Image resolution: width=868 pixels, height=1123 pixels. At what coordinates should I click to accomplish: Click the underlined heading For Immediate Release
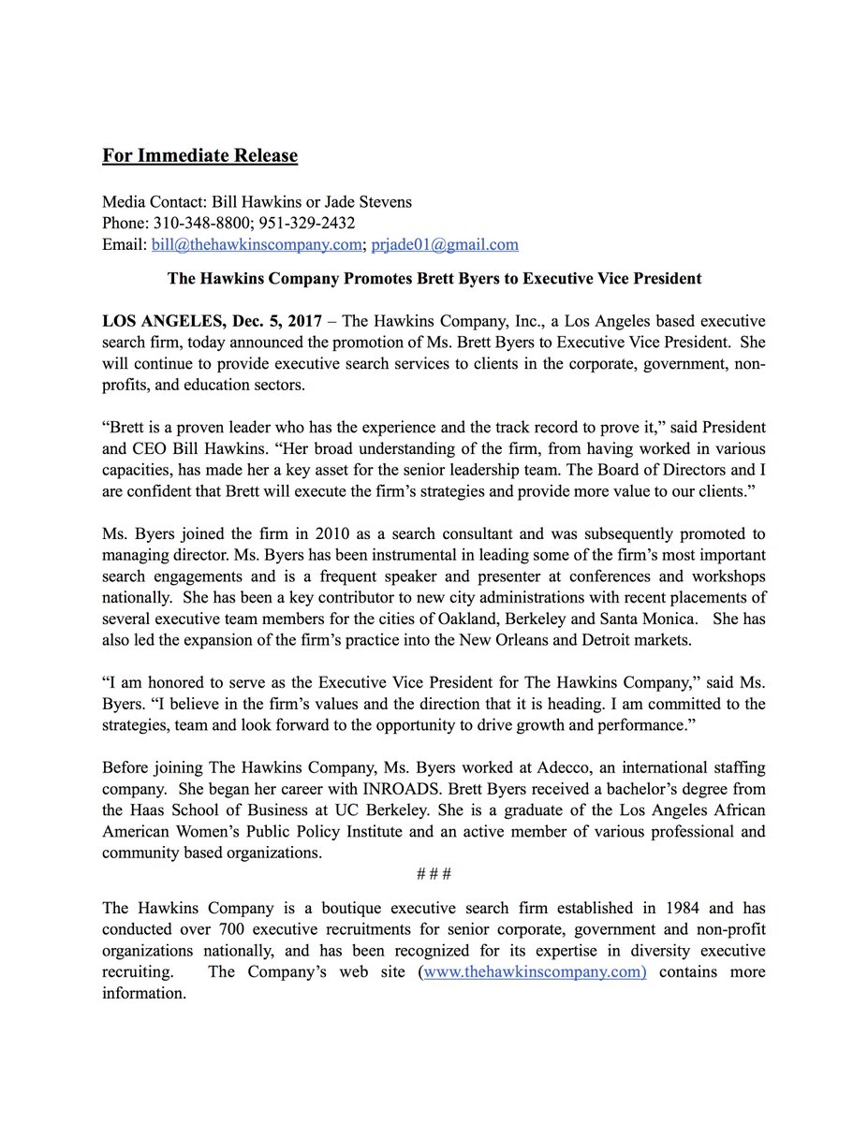click(x=199, y=155)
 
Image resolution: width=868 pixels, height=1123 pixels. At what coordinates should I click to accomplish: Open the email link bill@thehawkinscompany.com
click(x=257, y=245)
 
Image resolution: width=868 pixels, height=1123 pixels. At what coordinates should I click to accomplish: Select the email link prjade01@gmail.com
click(x=445, y=245)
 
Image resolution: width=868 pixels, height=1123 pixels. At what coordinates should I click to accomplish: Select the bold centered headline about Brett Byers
click(x=434, y=279)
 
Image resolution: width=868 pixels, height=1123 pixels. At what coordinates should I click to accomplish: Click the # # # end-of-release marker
click(x=434, y=873)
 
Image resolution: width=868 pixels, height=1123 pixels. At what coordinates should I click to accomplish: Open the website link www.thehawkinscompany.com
click(x=534, y=972)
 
